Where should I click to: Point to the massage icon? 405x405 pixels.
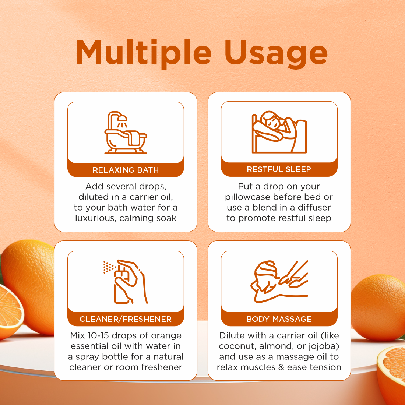(x=279, y=282)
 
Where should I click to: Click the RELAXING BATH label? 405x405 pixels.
(x=126, y=170)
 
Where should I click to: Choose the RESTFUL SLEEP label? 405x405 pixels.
(x=279, y=169)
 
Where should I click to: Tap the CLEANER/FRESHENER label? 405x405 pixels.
(x=126, y=319)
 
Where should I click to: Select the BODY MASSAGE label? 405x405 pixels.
(x=279, y=319)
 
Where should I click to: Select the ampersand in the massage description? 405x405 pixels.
(x=281, y=367)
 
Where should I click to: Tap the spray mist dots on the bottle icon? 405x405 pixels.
(x=108, y=267)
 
